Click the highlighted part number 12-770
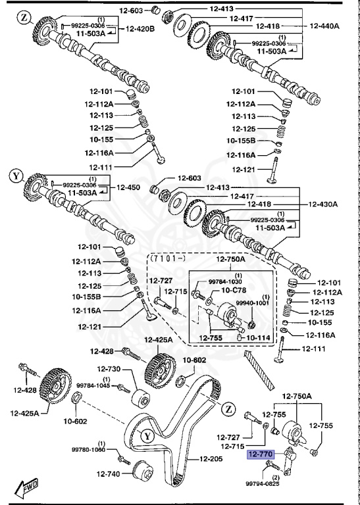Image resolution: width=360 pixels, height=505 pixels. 260,454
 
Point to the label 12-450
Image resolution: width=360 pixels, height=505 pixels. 129,187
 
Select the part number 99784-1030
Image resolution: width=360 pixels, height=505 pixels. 225,281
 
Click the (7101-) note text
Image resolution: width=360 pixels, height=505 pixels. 167,260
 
